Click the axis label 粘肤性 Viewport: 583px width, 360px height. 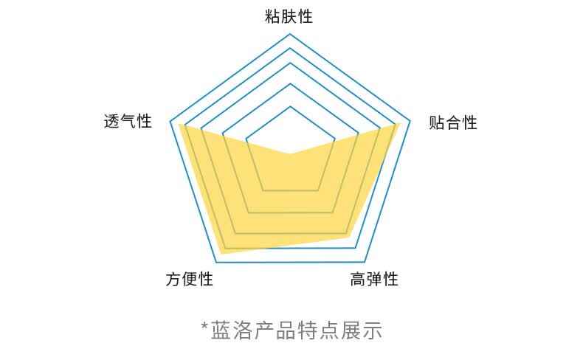(x=289, y=16)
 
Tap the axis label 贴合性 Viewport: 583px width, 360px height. (x=452, y=122)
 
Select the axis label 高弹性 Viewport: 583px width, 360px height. (x=374, y=279)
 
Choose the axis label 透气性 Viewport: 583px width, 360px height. (x=128, y=121)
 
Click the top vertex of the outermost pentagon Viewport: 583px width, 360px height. (x=290, y=34)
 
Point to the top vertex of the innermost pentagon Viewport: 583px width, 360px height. (x=290, y=106)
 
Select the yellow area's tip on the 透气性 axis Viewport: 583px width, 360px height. (x=179, y=124)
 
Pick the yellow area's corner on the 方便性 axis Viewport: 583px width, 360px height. (x=221, y=253)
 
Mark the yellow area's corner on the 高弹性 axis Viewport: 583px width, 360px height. (x=346, y=236)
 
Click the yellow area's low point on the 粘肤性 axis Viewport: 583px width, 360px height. (x=290, y=153)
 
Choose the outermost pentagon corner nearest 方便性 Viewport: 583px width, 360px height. (x=216, y=262)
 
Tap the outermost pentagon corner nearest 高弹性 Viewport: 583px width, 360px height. (x=365, y=262)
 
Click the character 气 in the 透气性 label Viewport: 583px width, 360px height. (x=128, y=121)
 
